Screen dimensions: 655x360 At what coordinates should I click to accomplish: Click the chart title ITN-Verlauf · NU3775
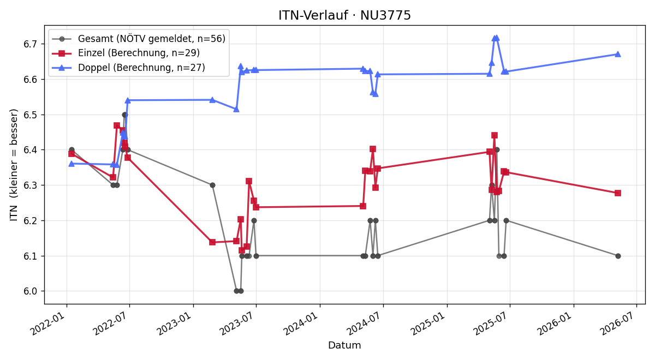[344, 15]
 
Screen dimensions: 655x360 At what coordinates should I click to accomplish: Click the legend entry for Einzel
[126, 53]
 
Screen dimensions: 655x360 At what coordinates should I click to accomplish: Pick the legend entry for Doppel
[128, 68]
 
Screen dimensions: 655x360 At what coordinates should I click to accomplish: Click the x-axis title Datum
[344, 345]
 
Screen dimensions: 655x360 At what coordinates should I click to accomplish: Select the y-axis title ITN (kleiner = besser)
[14, 165]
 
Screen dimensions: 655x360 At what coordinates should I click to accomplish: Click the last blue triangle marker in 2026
[618, 54]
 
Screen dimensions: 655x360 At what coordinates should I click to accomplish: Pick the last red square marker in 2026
[618, 193]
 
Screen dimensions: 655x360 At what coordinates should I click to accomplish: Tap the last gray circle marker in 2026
[618, 256]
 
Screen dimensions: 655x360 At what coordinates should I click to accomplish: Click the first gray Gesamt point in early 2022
[72, 149]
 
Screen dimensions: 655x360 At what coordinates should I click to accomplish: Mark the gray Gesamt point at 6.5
[124, 115]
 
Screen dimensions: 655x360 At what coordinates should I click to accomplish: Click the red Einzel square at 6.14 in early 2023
[212, 242]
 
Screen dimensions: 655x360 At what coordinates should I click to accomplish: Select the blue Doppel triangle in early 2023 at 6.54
[212, 100]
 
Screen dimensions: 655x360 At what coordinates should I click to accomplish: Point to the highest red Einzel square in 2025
[495, 135]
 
